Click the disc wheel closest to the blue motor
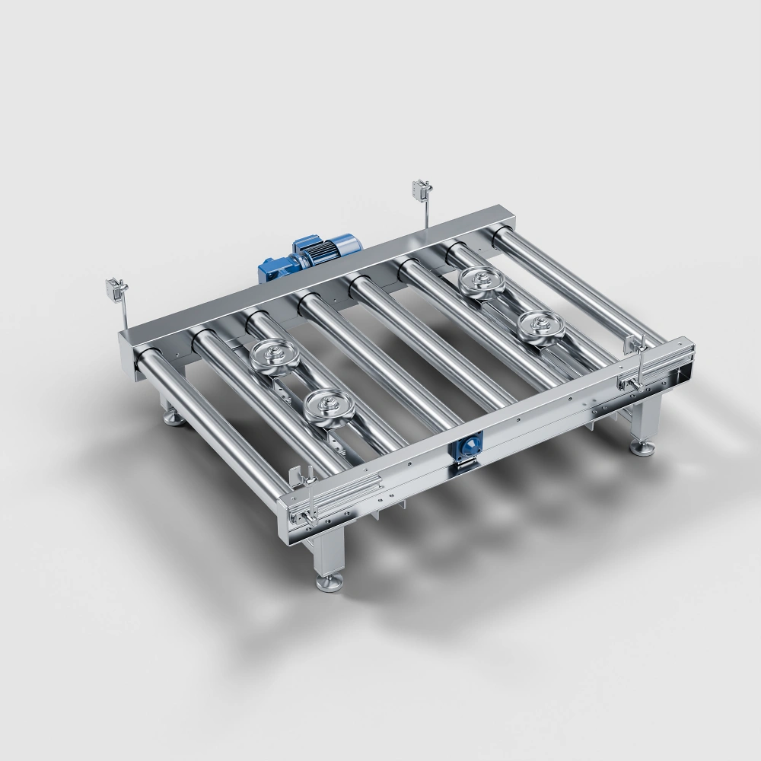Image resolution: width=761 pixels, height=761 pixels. click(x=272, y=356)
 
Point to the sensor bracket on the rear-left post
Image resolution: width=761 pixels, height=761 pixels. click(x=116, y=289)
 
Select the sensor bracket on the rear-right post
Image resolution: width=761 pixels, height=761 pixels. click(x=420, y=188)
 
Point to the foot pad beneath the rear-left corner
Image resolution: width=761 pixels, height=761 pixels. click(x=172, y=419)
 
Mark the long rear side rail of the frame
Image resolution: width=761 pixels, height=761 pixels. click(x=320, y=274)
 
